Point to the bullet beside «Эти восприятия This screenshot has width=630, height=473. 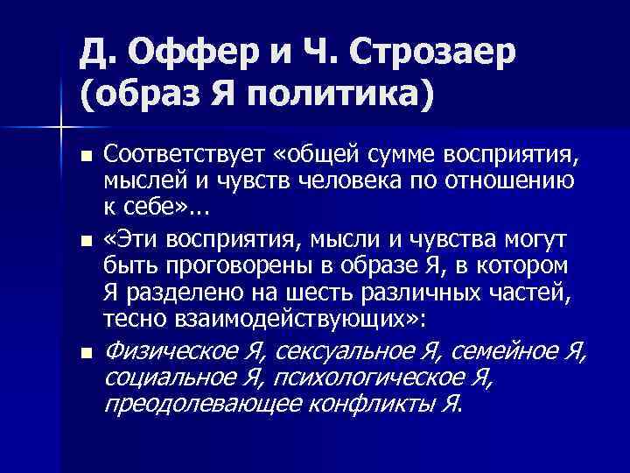click(85, 240)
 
